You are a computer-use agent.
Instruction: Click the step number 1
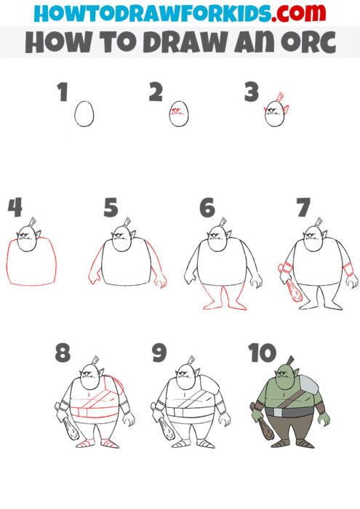[62, 92]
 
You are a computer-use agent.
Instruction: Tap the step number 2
[155, 92]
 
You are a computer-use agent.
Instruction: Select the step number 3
[252, 92]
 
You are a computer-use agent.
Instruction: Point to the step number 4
[15, 207]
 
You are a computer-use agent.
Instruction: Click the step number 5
[110, 207]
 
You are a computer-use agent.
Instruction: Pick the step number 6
[208, 207]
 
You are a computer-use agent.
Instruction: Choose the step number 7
[303, 207]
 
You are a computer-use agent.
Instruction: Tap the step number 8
[63, 353]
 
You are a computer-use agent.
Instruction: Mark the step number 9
[159, 353]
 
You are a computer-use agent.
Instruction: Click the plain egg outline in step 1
[85, 114]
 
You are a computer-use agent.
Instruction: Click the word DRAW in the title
[185, 43]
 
